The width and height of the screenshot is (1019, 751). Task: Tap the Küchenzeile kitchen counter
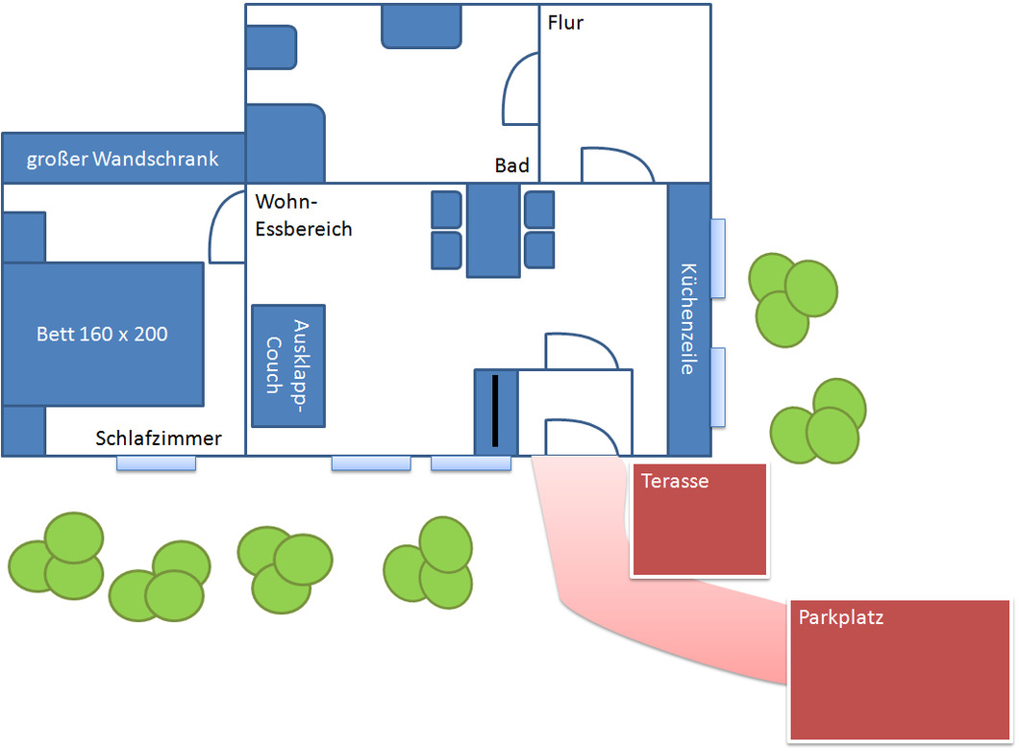pyautogui.click(x=688, y=317)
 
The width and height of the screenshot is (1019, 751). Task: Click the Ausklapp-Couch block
pyautogui.click(x=288, y=365)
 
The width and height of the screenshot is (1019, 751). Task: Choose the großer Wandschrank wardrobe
pyautogui.click(x=123, y=159)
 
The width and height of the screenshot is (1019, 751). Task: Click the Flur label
pyautogui.click(x=565, y=22)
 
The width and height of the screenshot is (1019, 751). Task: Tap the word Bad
pyautogui.click(x=511, y=165)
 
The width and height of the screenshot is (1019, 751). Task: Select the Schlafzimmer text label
pyautogui.click(x=159, y=438)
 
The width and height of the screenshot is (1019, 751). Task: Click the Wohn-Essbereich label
pyautogui.click(x=304, y=215)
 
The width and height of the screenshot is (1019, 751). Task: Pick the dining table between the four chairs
pyautogui.click(x=492, y=231)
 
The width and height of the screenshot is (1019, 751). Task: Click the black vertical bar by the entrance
pyautogui.click(x=495, y=412)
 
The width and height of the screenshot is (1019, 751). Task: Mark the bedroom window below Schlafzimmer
pyautogui.click(x=156, y=463)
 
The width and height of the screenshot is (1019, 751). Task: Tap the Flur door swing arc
pyautogui.click(x=615, y=163)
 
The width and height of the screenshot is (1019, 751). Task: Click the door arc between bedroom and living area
pyautogui.click(x=227, y=227)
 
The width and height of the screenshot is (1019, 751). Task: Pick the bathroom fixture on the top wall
pyautogui.click(x=420, y=26)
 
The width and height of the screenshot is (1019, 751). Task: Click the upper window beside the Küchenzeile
pyautogui.click(x=717, y=258)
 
